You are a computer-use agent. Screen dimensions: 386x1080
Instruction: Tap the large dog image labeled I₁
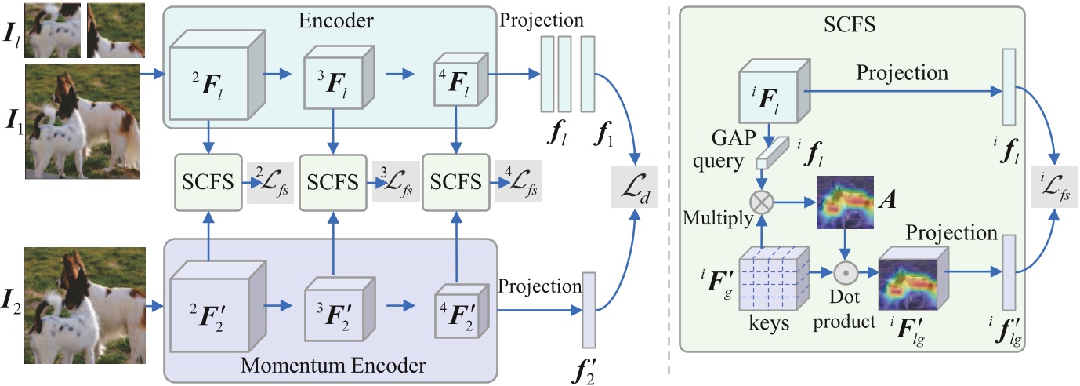pos(83,121)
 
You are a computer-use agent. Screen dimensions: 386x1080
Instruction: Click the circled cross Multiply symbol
pos(761,200)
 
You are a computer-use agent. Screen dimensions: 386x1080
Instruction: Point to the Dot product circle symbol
pos(844,272)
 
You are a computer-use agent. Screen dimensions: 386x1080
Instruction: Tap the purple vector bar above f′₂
pos(589,309)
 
